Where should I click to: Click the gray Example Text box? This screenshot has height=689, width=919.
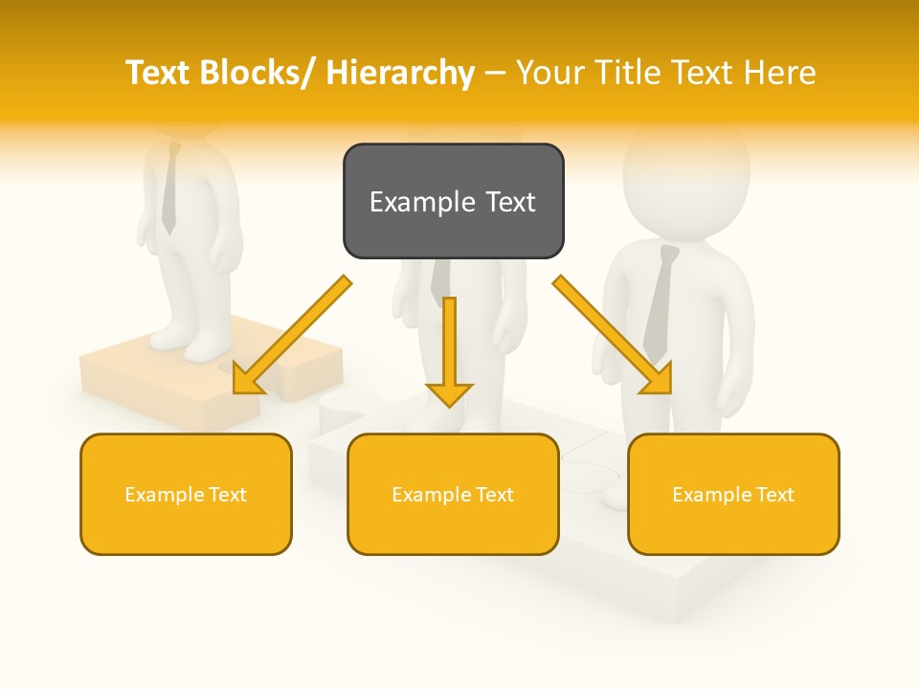point(453,201)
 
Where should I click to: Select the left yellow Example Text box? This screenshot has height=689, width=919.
point(186,494)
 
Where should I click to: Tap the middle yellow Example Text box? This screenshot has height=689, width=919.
point(453,494)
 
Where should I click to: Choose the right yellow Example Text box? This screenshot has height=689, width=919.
point(733,494)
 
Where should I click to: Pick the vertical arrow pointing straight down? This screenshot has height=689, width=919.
point(449,350)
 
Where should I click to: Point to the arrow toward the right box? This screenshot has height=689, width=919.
point(613,335)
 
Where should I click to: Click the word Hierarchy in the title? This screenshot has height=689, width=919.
point(400,73)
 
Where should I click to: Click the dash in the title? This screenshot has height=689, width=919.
point(495,73)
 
